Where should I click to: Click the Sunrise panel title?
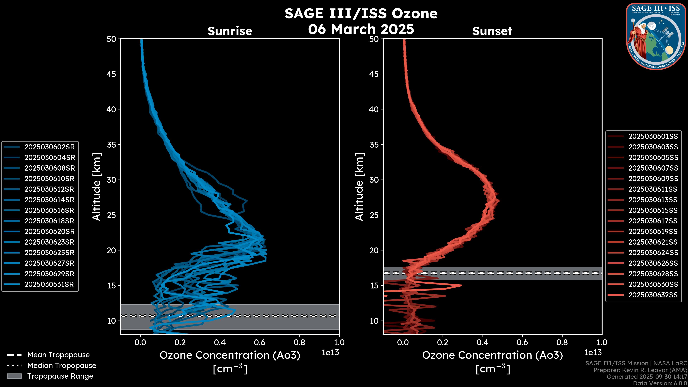[x=230, y=31]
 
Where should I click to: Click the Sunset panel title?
[x=492, y=31]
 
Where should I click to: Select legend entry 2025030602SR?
[x=50, y=147]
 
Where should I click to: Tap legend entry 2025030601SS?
[x=653, y=136]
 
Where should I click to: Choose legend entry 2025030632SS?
[x=653, y=295]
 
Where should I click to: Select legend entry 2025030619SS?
[x=653, y=231]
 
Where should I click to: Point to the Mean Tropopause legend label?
[x=58, y=355]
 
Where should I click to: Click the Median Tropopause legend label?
[x=62, y=365]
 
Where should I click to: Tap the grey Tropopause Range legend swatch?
[x=14, y=376]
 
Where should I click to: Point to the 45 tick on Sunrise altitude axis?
[x=111, y=74]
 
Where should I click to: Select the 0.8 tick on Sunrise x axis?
[x=299, y=342]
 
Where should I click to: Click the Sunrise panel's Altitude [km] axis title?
[x=97, y=187]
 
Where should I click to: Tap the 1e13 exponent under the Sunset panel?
[x=593, y=353]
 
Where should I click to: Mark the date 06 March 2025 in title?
[x=361, y=29]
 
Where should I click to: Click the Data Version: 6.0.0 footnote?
[x=660, y=383]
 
